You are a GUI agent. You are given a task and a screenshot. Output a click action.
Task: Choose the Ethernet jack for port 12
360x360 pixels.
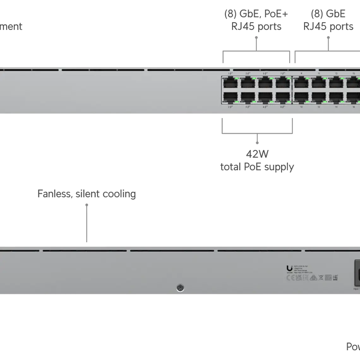click(319, 97)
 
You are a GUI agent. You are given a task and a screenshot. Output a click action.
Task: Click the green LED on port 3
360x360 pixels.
click(253, 78)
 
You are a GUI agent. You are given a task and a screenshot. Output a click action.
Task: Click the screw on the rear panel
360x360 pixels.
click(180, 288)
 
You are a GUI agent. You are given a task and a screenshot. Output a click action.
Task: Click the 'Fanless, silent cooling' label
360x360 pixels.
click(87, 195)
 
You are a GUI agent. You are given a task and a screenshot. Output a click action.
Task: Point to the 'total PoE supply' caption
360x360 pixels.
click(257, 167)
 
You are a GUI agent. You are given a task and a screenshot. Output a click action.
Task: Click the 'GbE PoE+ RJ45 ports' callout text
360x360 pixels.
click(256, 20)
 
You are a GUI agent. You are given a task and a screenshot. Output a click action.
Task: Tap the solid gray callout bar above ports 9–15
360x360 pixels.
click(327, 58)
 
